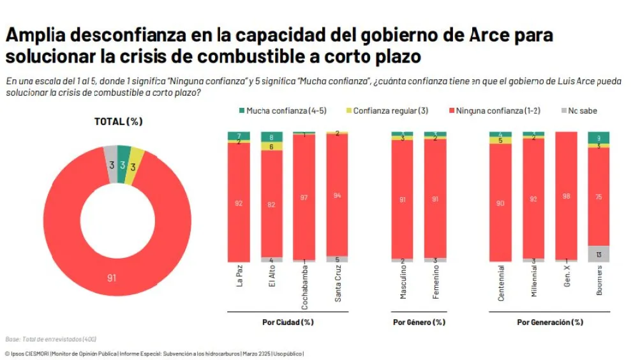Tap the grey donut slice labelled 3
111,164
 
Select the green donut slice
123,164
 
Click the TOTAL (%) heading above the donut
118,121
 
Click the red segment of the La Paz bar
239,204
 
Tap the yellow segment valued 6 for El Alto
272,146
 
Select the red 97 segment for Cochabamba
304,198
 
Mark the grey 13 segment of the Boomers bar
599,254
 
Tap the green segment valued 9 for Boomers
599,137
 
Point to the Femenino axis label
436,283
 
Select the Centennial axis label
501,283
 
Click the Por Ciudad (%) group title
288,322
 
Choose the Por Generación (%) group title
549,322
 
